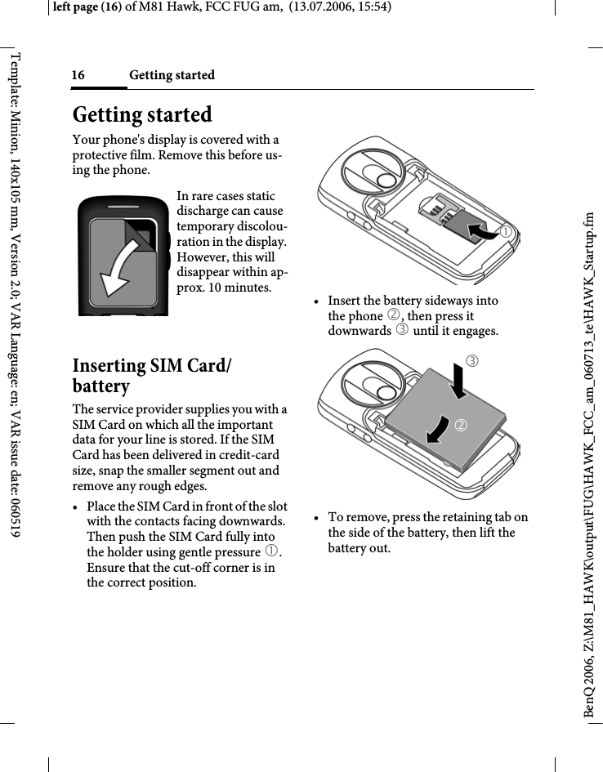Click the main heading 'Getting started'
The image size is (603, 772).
142,114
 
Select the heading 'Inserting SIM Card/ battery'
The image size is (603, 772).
151,375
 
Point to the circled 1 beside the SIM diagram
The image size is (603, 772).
507,233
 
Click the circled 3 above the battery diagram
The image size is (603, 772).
472,360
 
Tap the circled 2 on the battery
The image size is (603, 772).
462,426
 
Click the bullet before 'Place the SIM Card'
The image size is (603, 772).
76,506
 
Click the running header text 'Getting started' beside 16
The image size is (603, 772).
172,75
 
